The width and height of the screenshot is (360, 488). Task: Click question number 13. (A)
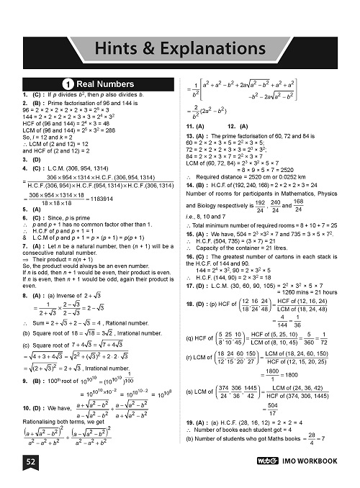(x=197, y=136)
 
